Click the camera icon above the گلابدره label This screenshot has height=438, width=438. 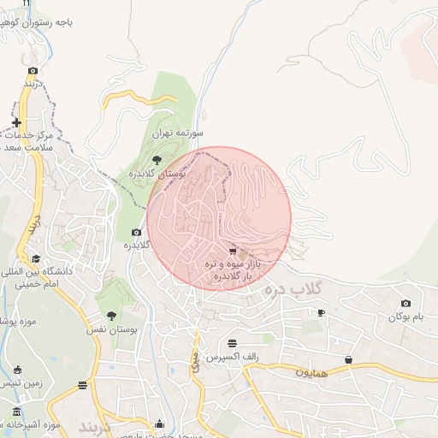click(136, 233)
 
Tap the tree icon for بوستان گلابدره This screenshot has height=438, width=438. click(156, 160)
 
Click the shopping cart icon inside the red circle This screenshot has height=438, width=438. click(233, 251)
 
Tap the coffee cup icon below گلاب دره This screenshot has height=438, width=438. click(321, 313)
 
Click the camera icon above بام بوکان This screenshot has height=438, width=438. click(405, 304)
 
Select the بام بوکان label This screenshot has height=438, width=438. click(405, 317)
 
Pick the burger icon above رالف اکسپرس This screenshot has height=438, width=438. click(232, 343)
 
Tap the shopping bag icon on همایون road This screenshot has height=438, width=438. click(348, 359)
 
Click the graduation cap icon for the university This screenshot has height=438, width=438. click(36, 258)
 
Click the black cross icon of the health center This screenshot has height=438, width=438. click(17, 122)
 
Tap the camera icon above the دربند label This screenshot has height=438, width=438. click(33, 71)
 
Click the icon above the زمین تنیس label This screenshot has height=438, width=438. click(19, 370)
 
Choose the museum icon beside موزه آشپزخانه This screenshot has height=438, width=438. click(17, 413)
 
